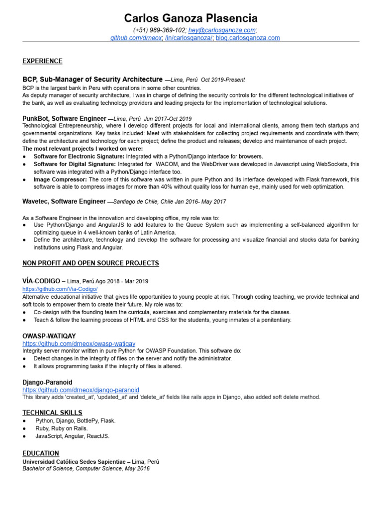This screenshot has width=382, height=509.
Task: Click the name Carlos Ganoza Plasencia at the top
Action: click(191, 19)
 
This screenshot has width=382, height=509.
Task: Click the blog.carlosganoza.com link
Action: click(248, 38)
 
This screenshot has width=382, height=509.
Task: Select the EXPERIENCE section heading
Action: click(42, 61)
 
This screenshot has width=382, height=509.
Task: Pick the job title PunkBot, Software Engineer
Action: click(64, 119)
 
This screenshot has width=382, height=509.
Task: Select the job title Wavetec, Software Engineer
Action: click(64, 201)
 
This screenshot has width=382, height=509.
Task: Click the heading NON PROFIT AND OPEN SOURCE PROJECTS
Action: click(91, 263)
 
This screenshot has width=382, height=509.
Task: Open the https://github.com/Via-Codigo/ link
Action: click(60, 289)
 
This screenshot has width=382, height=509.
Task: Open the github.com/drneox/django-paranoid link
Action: click(81, 390)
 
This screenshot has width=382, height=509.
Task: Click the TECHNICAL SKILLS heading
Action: click(52, 413)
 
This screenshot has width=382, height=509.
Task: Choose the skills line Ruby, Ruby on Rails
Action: click(61, 428)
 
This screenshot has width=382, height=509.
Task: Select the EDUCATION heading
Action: click(41, 453)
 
